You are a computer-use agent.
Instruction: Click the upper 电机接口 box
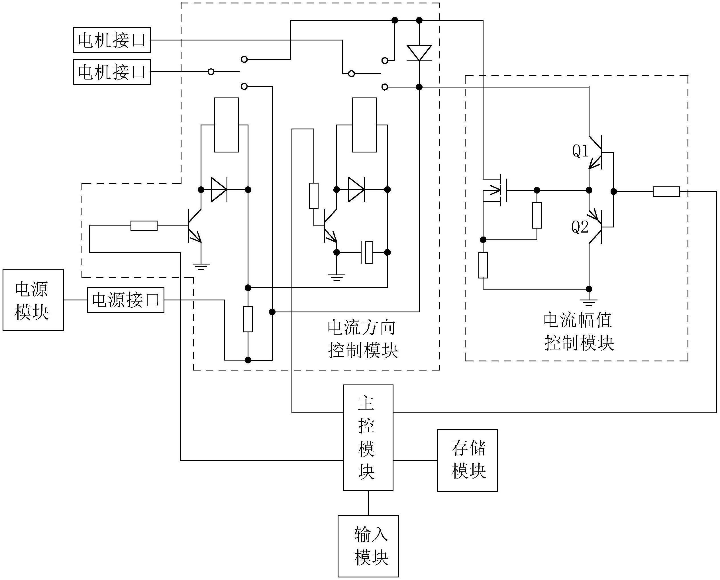pyautogui.click(x=112, y=40)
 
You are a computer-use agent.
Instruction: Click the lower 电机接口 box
pyautogui.click(x=112, y=72)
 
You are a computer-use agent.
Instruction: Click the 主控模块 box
pyautogui.click(x=368, y=438)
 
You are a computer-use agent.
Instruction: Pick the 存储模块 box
pyautogui.click(x=467, y=460)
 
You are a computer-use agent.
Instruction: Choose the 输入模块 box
pyautogui.click(x=368, y=546)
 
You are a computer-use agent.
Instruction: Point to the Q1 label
pyautogui.click(x=580, y=151)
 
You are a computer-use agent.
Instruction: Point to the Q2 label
pyautogui.click(x=580, y=227)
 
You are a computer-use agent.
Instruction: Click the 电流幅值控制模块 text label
pyautogui.click(x=579, y=331)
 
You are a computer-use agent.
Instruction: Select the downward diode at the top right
pyautogui.click(x=419, y=53)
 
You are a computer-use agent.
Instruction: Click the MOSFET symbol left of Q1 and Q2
pyautogui.click(x=497, y=190)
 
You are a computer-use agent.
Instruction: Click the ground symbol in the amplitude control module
pyautogui.click(x=589, y=302)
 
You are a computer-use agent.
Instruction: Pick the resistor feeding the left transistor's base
pyautogui.click(x=144, y=226)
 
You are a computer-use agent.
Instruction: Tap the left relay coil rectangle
pyautogui.click(x=227, y=125)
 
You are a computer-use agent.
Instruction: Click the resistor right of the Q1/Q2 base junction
pyautogui.click(x=666, y=192)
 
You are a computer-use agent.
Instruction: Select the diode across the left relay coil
pyautogui.click(x=219, y=190)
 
